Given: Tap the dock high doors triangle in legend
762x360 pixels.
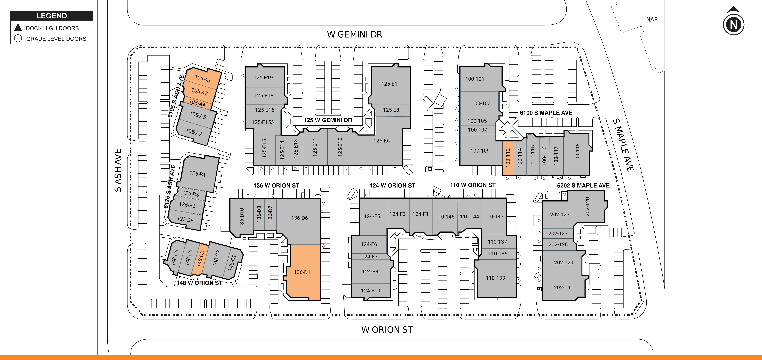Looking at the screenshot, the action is tap(18, 28).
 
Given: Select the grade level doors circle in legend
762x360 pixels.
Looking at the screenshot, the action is tap(18, 39).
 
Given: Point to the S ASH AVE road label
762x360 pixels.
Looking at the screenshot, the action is tap(118, 170).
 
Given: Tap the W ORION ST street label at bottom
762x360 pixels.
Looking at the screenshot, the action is tap(387, 329).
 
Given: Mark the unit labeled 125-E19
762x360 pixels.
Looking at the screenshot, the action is tap(263, 78).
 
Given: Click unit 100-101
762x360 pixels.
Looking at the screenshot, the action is tap(475, 79).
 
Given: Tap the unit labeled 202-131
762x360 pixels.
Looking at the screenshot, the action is tap(563, 287).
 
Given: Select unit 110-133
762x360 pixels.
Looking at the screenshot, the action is tap(495, 278).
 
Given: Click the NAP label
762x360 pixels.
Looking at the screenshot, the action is tap(652, 20).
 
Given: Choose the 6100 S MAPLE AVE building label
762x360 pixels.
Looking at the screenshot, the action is tap(546, 113).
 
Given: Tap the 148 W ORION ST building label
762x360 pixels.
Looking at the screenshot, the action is tap(199, 283).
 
